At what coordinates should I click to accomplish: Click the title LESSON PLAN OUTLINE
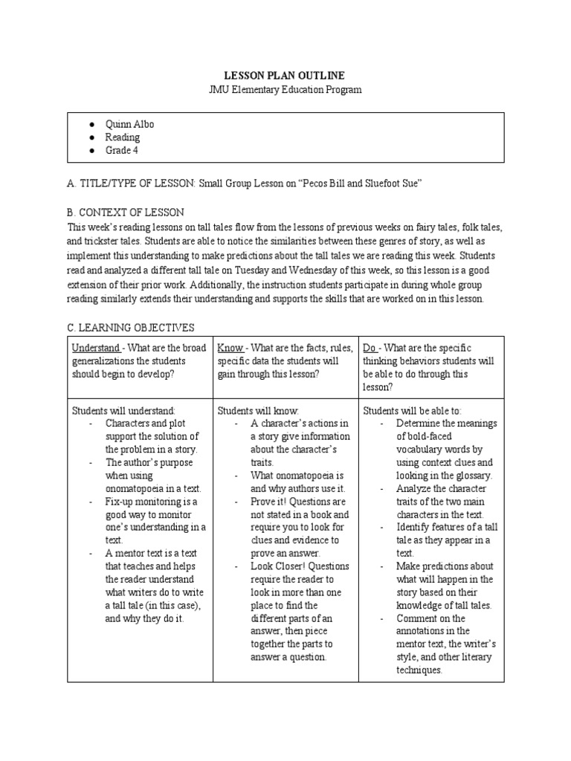[285, 76]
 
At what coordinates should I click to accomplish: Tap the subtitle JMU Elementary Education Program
[285, 89]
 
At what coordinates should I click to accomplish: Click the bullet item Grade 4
[122, 150]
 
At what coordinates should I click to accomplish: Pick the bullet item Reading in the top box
[123, 137]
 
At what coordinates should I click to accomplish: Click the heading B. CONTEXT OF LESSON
[126, 212]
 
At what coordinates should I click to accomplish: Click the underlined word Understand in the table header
[96, 348]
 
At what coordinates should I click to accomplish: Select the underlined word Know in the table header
[229, 348]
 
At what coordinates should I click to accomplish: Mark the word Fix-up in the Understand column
[120, 501]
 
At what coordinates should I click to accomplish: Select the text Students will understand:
[123, 410]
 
